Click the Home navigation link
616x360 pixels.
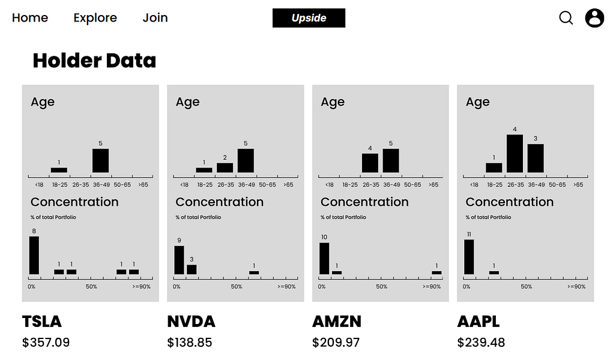(x=30, y=18)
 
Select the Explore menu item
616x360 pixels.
(x=95, y=18)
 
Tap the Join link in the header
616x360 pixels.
(x=155, y=18)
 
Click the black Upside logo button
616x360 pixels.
(x=309, y=18)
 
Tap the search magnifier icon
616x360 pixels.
(x=566, y=18)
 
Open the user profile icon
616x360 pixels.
(x=594, y=18)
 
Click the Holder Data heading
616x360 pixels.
(x=94, y=61)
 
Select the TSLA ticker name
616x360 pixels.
(x=42, y=322)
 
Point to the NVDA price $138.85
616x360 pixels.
(x=190, y=343)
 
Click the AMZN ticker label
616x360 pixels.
(x=337, y=322)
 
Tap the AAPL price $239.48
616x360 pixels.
(x=481, y=343)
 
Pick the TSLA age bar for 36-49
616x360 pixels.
(x=100, y=161)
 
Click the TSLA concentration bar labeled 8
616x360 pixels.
(x=34, y=256)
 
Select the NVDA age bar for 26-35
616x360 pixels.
(x=225, y=167)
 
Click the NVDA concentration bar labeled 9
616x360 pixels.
(x=179, y=260)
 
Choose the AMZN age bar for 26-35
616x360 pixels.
(x=370, y=163)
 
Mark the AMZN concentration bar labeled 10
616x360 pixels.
(x=324, y=259)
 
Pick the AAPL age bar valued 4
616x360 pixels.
(x=515, y=154)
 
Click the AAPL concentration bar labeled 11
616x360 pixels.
(x=469, y=257)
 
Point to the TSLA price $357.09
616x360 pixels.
(x=46, y=343)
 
